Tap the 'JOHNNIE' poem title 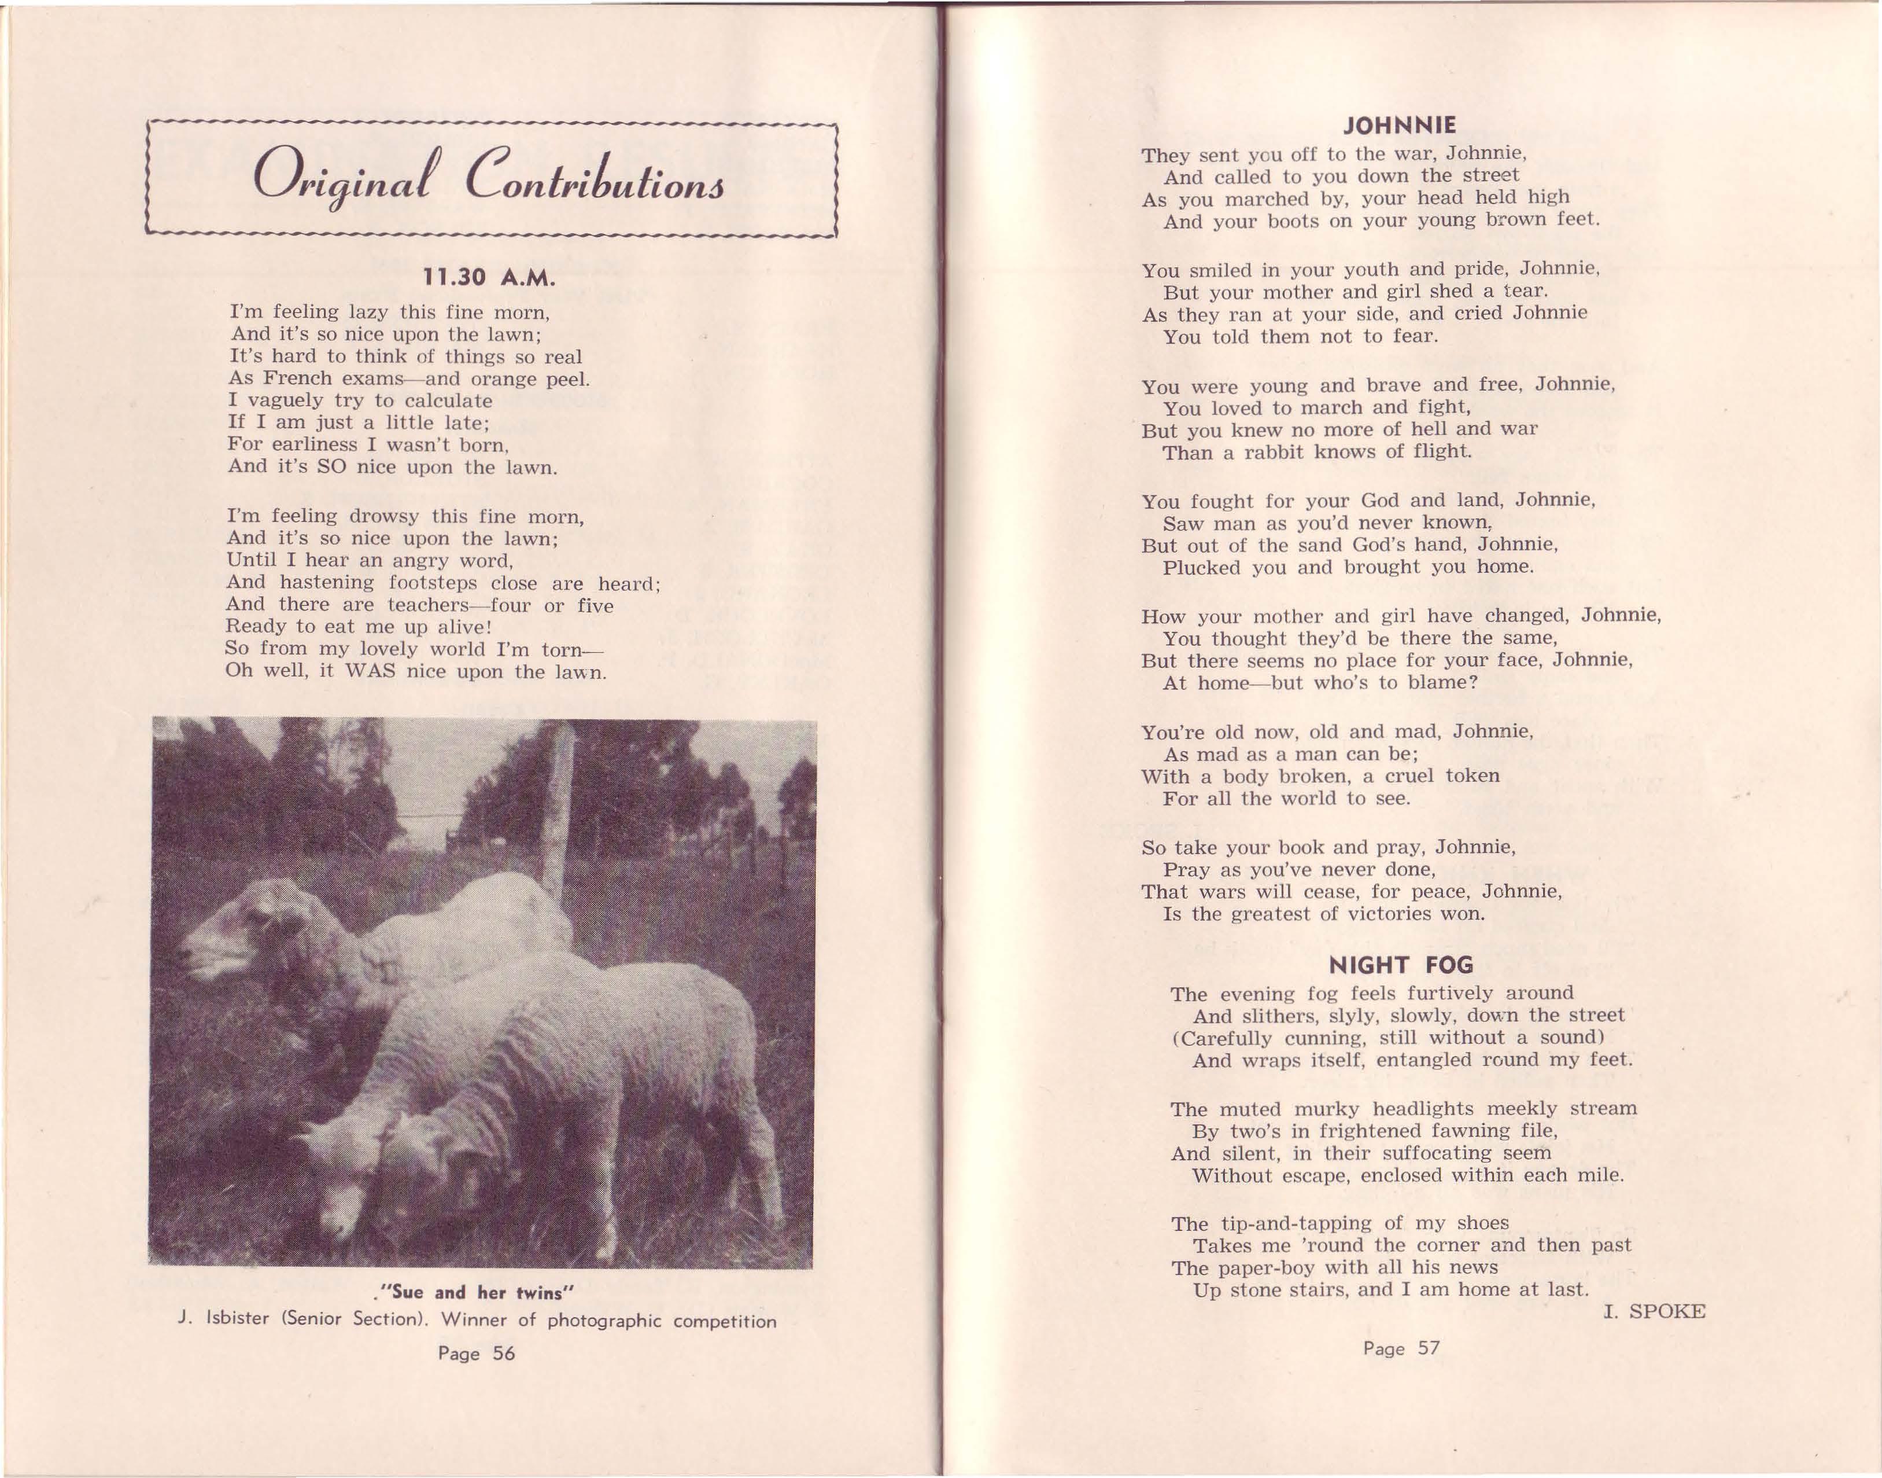[x=1400, y=126]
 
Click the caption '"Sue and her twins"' [x=473, y=1293]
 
